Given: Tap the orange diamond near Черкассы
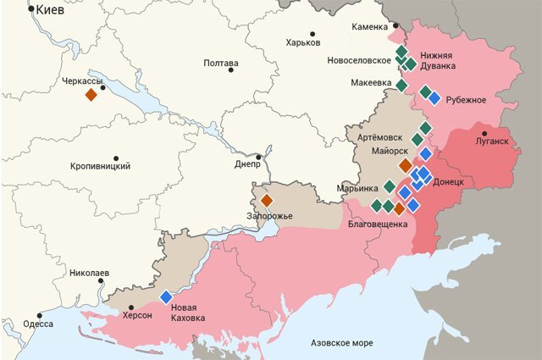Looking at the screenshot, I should coord(91,96).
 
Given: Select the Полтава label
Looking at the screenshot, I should coord(221,64).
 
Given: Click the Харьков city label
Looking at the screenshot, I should coord(303,42).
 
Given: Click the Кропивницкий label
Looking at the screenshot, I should coord(100,166).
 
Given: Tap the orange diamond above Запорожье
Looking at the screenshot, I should coord(266,201).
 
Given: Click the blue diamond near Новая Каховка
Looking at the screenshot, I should coord(166,296).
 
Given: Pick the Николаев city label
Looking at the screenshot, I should coord(89,274).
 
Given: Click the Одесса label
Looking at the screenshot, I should coord(38,324).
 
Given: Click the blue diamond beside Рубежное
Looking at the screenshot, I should coord(434,98).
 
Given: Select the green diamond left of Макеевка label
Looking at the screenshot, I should coord(401,85).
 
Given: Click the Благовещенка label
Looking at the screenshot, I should coord(378,224).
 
